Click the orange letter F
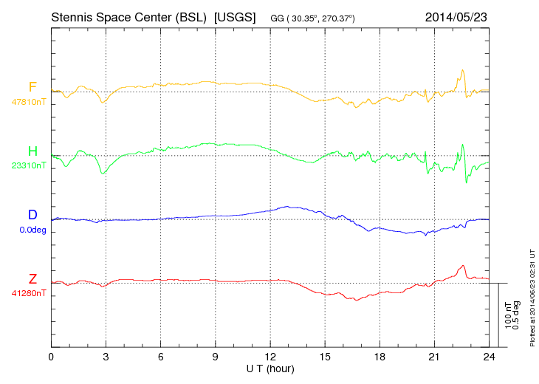(x=32, y=87)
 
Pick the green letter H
(x=32, y=151)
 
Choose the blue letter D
(x=32, y=216)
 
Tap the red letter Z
(x=32, y=279)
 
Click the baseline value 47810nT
(x=29, y=102)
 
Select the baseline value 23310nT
(x=29, y=166)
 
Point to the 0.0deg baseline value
(x=32, y=230)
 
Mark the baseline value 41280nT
(x=29, y=294)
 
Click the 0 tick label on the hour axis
(x=51, y=357)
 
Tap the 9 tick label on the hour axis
(x=216, y=357)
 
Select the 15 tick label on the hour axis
(x=325, y=357)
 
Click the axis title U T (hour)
(x=270, y=368)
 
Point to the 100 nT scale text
(x=508, y=315)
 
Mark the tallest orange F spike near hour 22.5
(x=463, y=71)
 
